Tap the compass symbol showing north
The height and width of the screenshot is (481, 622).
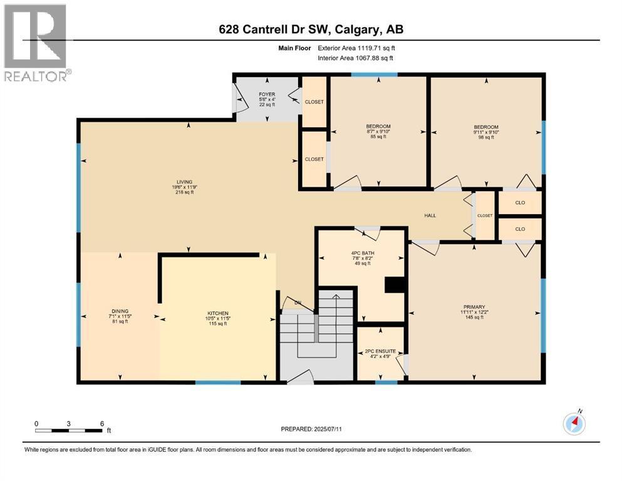click(574, 423)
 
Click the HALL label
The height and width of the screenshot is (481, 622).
click(430, 215)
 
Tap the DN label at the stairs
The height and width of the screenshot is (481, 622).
click(298, 303)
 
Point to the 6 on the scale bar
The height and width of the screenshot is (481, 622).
click(101, 423)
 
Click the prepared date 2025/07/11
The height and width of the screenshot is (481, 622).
click(311, 429)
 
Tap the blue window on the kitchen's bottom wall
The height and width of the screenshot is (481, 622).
click(217, 383)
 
